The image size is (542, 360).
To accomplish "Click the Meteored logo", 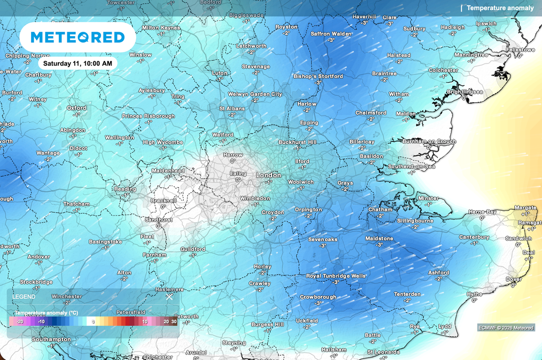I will (77, 37).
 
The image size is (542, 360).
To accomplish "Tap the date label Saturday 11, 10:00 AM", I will (77, 63).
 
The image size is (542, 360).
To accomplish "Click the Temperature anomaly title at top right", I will (500, 8).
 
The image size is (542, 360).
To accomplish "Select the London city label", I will (268, 175).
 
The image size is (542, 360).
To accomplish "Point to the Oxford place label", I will (76, 108).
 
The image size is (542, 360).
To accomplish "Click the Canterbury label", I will (474, 237).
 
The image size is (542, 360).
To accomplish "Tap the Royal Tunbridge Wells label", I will (336, 276).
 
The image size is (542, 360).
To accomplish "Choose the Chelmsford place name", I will (371, 113).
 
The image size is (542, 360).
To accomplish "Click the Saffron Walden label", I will (331, 34).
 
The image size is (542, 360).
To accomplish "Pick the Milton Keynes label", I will (161, 28).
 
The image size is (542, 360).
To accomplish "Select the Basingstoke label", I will (105, 242).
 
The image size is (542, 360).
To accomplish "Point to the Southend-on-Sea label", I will (411, 166).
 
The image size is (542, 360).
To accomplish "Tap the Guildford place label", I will (193, 249).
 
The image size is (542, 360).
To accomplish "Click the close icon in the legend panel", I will (169, 296).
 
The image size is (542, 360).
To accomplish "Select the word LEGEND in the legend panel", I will (23, 297).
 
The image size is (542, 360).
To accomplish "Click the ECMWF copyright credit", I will (506, 328).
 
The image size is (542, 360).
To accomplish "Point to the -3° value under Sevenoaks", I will (322, 246).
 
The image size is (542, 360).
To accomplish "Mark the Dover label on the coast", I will (513, 279).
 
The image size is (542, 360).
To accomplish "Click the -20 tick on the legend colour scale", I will (20, 321).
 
